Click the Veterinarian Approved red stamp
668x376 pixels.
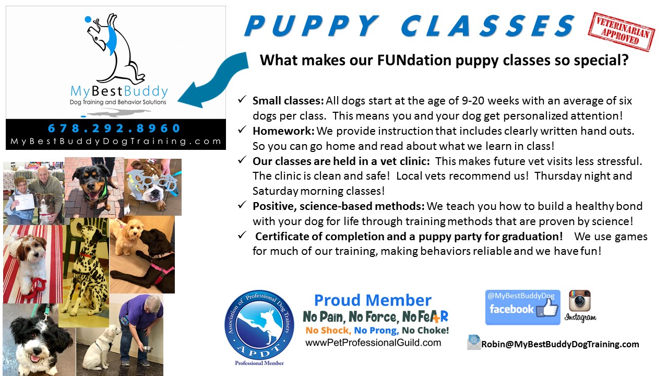[x=621, y=32]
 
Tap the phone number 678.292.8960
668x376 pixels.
[x=114, y=128]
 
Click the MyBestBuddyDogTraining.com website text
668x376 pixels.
[x=116, y=141]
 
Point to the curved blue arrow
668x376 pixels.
[x=213, y=80]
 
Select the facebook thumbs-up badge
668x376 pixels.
[x=522, y=308]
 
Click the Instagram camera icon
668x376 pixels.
[x=580, y=301]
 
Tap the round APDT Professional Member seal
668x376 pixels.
[x=259, y=325]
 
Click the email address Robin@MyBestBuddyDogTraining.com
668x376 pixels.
[x=560, y=344]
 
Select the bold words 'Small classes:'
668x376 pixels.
[x=288, y=101]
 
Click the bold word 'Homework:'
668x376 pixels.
[x=283, y=131]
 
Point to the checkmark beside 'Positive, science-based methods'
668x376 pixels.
[x=242, y=205]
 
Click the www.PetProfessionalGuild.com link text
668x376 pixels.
[x=373, y=342]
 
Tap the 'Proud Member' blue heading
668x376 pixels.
[x=373, y=300]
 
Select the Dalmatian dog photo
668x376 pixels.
[x=84, y=272]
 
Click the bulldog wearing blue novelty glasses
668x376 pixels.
[x=153, y=187]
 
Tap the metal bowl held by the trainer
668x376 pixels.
[x=147, y=349]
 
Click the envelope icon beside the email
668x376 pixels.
[x=474, y=343]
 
